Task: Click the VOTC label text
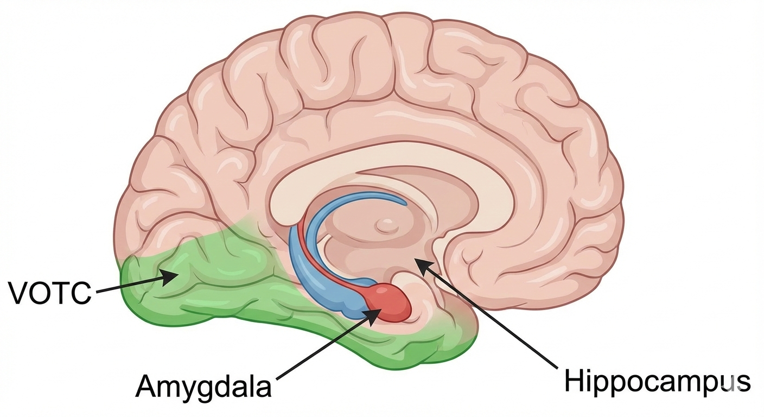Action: (x=49, y=293)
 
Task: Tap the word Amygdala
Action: (x=203, y=387)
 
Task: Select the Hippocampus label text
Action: (x=657, y=382)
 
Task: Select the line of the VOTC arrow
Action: (x=130, y=286)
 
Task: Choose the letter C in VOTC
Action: (x=80, y=293)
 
